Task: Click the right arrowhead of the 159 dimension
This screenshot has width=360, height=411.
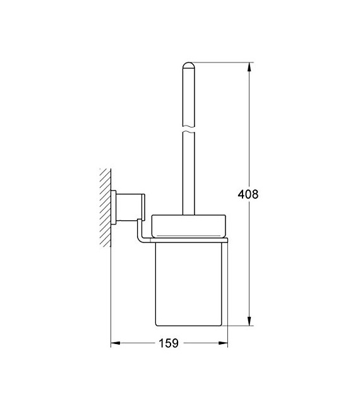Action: tap(224, 343)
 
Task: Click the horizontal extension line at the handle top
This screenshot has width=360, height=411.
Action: tap(221, 62)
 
